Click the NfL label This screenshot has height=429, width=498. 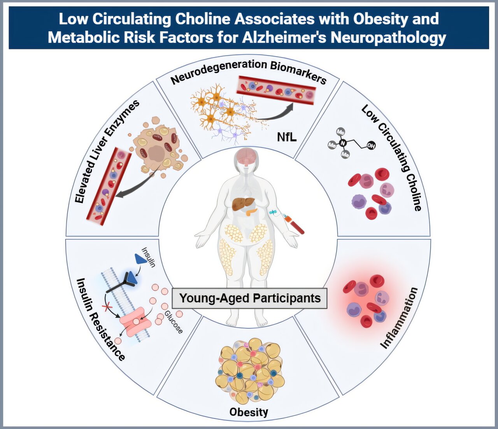tap(287, 137)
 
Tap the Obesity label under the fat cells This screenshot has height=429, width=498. tap(249, 412)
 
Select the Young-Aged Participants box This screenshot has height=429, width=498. tap(250, 298)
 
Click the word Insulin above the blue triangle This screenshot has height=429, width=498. tap(149, 257)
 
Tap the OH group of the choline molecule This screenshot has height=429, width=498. tap(371, 146)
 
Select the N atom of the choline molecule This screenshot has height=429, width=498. tap(343, 143)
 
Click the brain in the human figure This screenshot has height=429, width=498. tap(246, 155)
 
